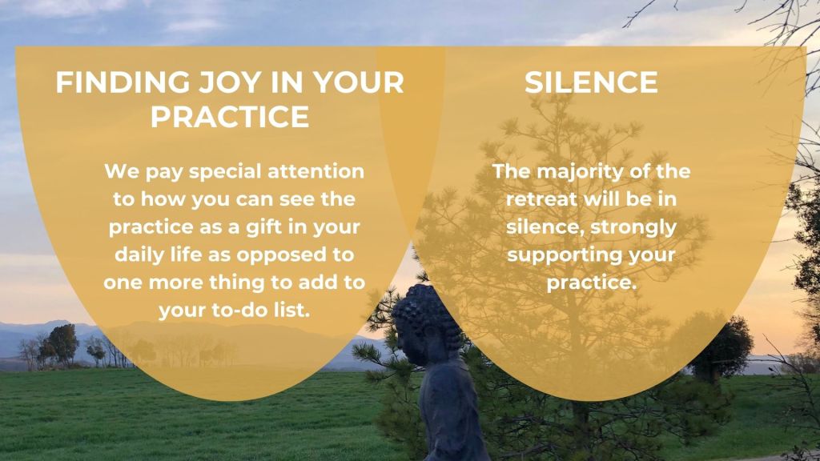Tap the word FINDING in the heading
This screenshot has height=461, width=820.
(x=123, y=82)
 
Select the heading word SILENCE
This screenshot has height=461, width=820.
(x=591, y=82)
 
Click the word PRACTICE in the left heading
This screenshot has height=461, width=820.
(x=230, y=116)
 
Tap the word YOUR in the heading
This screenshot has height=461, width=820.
(x=359, y=82)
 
